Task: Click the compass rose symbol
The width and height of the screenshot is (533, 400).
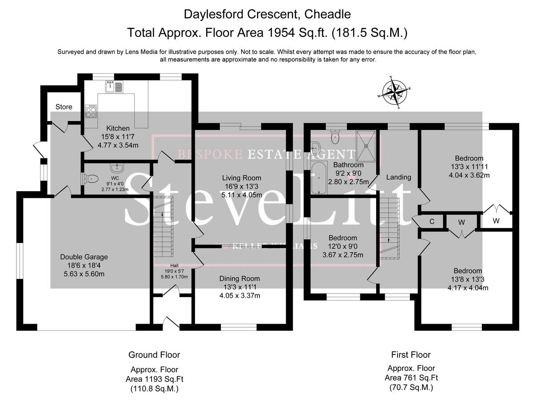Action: pyautogui.click(x=394, y=92)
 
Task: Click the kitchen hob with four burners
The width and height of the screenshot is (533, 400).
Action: pyautogui.click(x=91, y=111)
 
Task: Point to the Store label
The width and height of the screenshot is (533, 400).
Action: pyautogui.click(x=64, y=107)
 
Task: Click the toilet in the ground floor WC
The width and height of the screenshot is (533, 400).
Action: pyautogui.click(x=90, y=179)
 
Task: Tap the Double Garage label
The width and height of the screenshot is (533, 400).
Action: pyautogui.click(x=84, y=257)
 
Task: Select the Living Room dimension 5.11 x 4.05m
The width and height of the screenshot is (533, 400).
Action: pyautogui.click(x=242, y=194)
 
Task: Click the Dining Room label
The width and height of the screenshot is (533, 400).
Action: pyautogui.click(x=239, y=279)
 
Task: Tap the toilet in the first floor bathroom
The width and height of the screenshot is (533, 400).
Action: pyautogui.click(x=335, y=137)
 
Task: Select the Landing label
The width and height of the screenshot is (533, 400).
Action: pyautogui.click(x=398, y=177)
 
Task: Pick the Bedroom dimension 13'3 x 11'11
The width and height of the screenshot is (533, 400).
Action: pyautogui.click(x=469, y=167)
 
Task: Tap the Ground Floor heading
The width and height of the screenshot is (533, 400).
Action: pyautogui.click(x=154, y=355)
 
